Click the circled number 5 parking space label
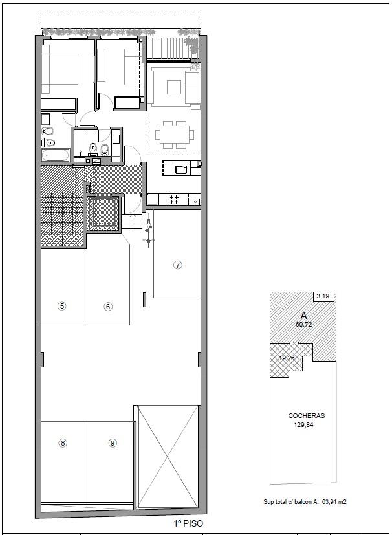(x=61, y=306)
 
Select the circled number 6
(x=108, y=307)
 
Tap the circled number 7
(x=177, y=265)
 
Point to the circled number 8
(x=63, y=443)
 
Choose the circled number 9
(x=113, y=443)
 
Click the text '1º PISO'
(x=188, y=523)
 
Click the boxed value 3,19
(x=323, y=296)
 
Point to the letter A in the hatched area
(x=303, y=316)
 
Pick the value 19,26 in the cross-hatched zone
(x=287, y=358)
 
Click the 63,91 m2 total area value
(x=334, y=502)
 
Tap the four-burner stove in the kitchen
(x=174, y=200)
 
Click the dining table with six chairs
(x=175, y=135)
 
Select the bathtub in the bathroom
(x=56, y=156)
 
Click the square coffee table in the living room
(x=174, y=87)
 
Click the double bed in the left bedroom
(x=60, y=69)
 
